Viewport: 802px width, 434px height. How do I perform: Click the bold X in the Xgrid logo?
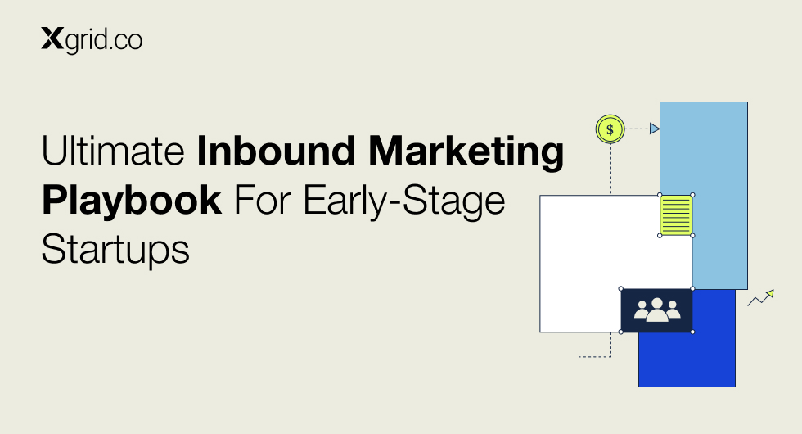tap(52, 39)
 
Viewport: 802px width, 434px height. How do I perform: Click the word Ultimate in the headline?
tap(113, 151)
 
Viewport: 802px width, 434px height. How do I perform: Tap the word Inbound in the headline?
tap(276, 151)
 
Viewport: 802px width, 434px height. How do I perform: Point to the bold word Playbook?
tap(132, 201)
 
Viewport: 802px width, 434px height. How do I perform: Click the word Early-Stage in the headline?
tap(404, 201)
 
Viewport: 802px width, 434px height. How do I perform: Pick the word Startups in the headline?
tap(115, 250)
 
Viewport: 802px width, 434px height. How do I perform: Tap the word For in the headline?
tap(263, 201)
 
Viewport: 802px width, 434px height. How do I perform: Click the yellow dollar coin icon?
tap(611, 129)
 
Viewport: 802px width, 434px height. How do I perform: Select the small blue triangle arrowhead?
tap(654, 129)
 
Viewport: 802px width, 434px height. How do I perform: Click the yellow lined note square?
tap(676, 215)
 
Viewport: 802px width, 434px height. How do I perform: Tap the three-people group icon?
tap(657, 310)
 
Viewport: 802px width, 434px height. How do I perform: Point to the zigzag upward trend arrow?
tap(760, 298)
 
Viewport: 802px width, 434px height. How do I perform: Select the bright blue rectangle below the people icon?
tap(687, 359)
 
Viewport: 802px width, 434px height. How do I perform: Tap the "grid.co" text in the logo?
tap(104, 40)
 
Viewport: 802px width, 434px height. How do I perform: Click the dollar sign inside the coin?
tap(611, 130)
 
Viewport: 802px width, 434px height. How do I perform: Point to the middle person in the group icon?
tap(657, 310)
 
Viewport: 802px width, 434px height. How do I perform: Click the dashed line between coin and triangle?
tap(638, 129)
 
